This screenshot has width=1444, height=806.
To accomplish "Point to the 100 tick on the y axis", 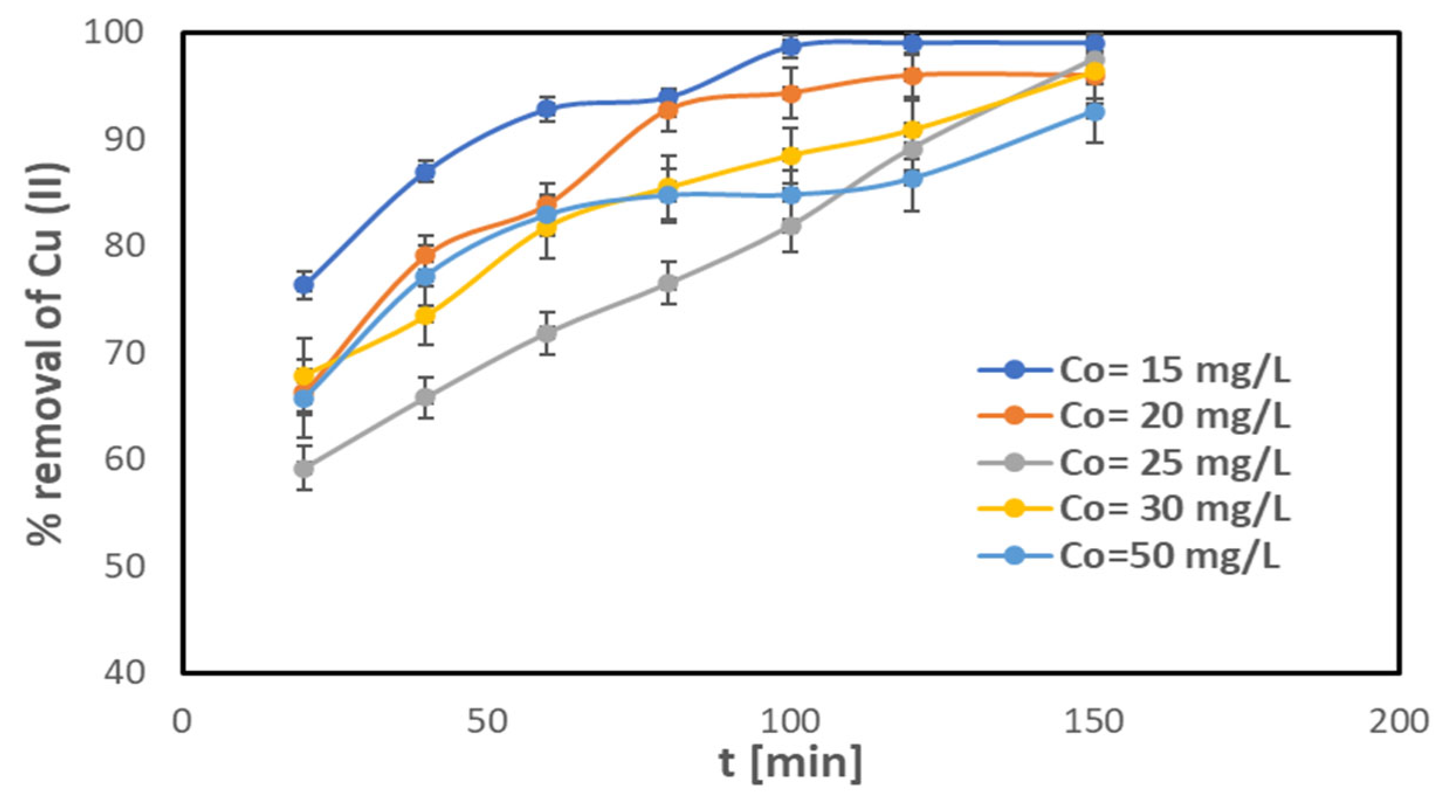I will coord(113,32).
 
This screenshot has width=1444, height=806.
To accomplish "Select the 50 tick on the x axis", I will coord(487,722).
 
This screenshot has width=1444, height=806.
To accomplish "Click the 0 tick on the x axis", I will coord(182,722).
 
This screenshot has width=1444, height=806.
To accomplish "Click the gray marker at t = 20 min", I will coord(304,468).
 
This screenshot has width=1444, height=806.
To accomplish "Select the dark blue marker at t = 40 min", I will coord(426,172).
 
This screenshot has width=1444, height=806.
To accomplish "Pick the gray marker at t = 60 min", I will coord(547,334).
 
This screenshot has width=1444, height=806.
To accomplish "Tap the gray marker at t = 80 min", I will coord(668,283).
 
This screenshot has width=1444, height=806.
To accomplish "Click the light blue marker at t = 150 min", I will coord(1095,112).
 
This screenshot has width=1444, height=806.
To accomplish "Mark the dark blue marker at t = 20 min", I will coord(304,285).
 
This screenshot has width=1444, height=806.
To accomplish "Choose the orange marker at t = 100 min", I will coord(791,94).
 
